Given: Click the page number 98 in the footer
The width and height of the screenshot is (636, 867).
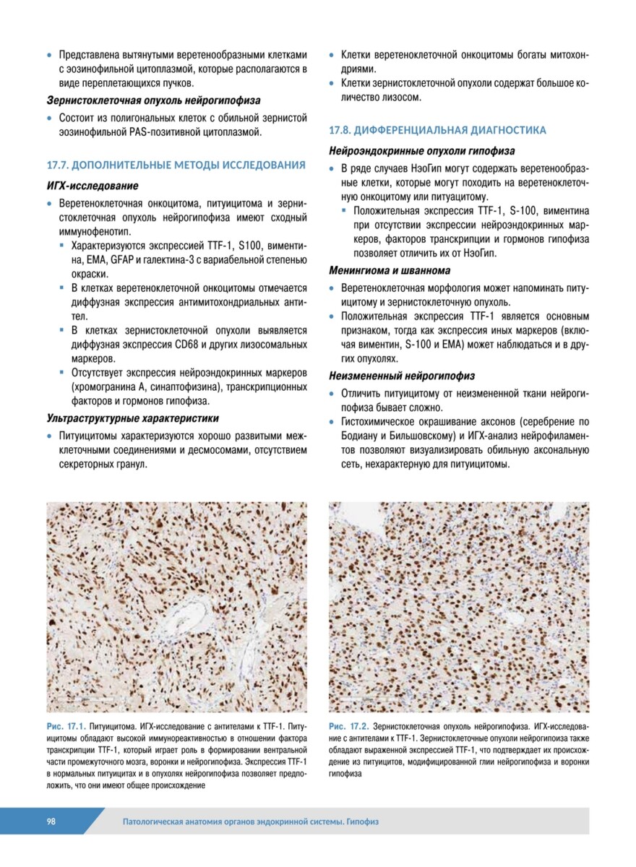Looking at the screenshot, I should point(52,821).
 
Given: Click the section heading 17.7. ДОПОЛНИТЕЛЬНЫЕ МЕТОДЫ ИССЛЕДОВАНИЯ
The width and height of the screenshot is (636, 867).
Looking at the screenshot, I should point(176,165).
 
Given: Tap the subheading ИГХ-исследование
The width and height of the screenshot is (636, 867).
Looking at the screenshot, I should point(93,186).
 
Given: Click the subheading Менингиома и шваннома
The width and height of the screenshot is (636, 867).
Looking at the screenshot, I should point(390,270).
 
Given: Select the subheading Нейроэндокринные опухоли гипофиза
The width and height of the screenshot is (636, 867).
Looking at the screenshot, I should point(422,152).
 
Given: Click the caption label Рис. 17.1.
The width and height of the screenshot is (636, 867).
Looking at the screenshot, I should point(66,725).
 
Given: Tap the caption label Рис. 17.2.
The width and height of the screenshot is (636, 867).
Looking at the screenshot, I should point(348,725).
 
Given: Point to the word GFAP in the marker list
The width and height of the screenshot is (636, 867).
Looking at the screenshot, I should point(124,261).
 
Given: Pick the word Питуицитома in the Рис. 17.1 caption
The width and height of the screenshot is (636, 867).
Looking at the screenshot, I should point(117,725).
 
